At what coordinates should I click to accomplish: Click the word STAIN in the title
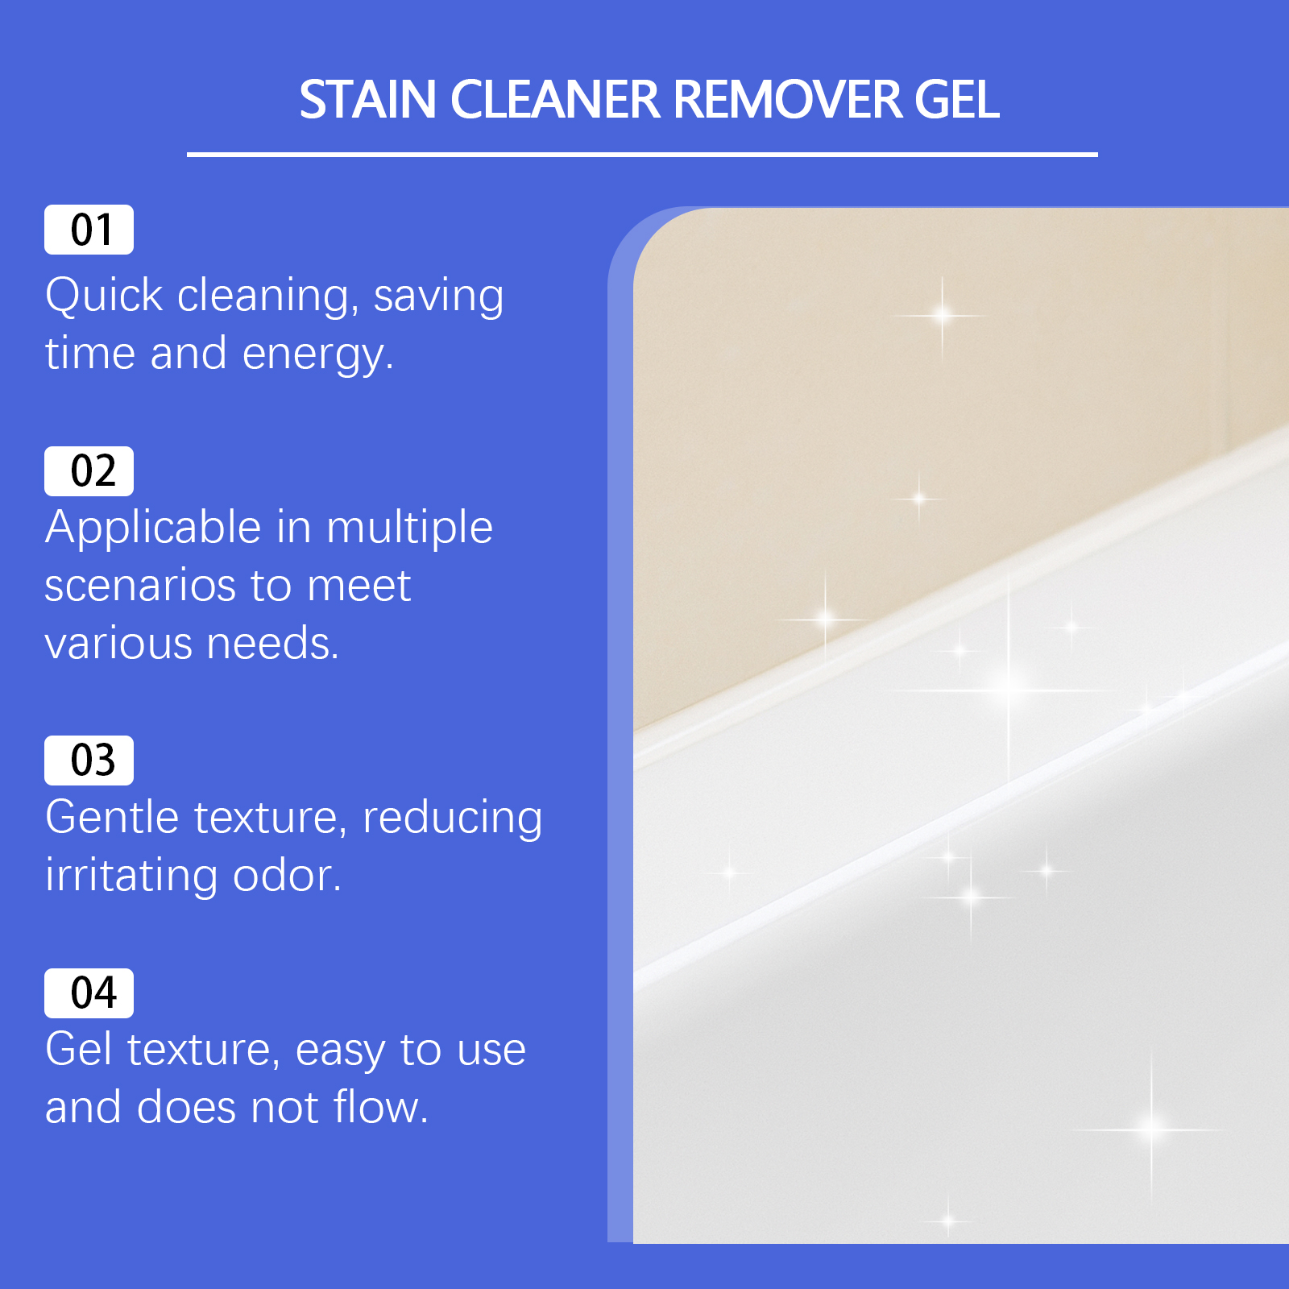367,100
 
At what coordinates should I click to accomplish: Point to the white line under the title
642,154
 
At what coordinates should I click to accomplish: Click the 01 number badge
89,230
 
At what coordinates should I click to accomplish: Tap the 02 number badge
89,471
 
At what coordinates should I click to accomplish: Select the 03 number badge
89,761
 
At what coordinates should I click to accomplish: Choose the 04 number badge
89,993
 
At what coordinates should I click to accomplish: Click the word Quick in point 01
104,296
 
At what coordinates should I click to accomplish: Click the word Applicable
153,529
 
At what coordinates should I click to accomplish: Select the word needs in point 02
272,644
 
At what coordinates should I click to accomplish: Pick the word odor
287,876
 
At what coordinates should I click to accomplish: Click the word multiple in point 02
409,529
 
